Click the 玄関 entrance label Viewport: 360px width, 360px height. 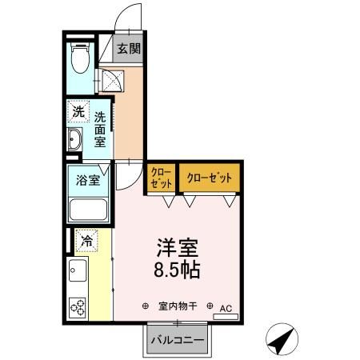(x=129, y=48)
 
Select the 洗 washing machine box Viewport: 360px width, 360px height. (x=78, y=112)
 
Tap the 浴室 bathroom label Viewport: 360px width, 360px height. (x=88, y=179)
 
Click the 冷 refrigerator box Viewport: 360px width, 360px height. (x=86, y=238)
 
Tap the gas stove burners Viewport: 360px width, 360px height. (x=78, y=306)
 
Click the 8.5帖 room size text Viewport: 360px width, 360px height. (x=176, y=269)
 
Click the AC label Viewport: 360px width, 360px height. (x=226, y=306)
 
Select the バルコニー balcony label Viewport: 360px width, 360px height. (x=177, y=341)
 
